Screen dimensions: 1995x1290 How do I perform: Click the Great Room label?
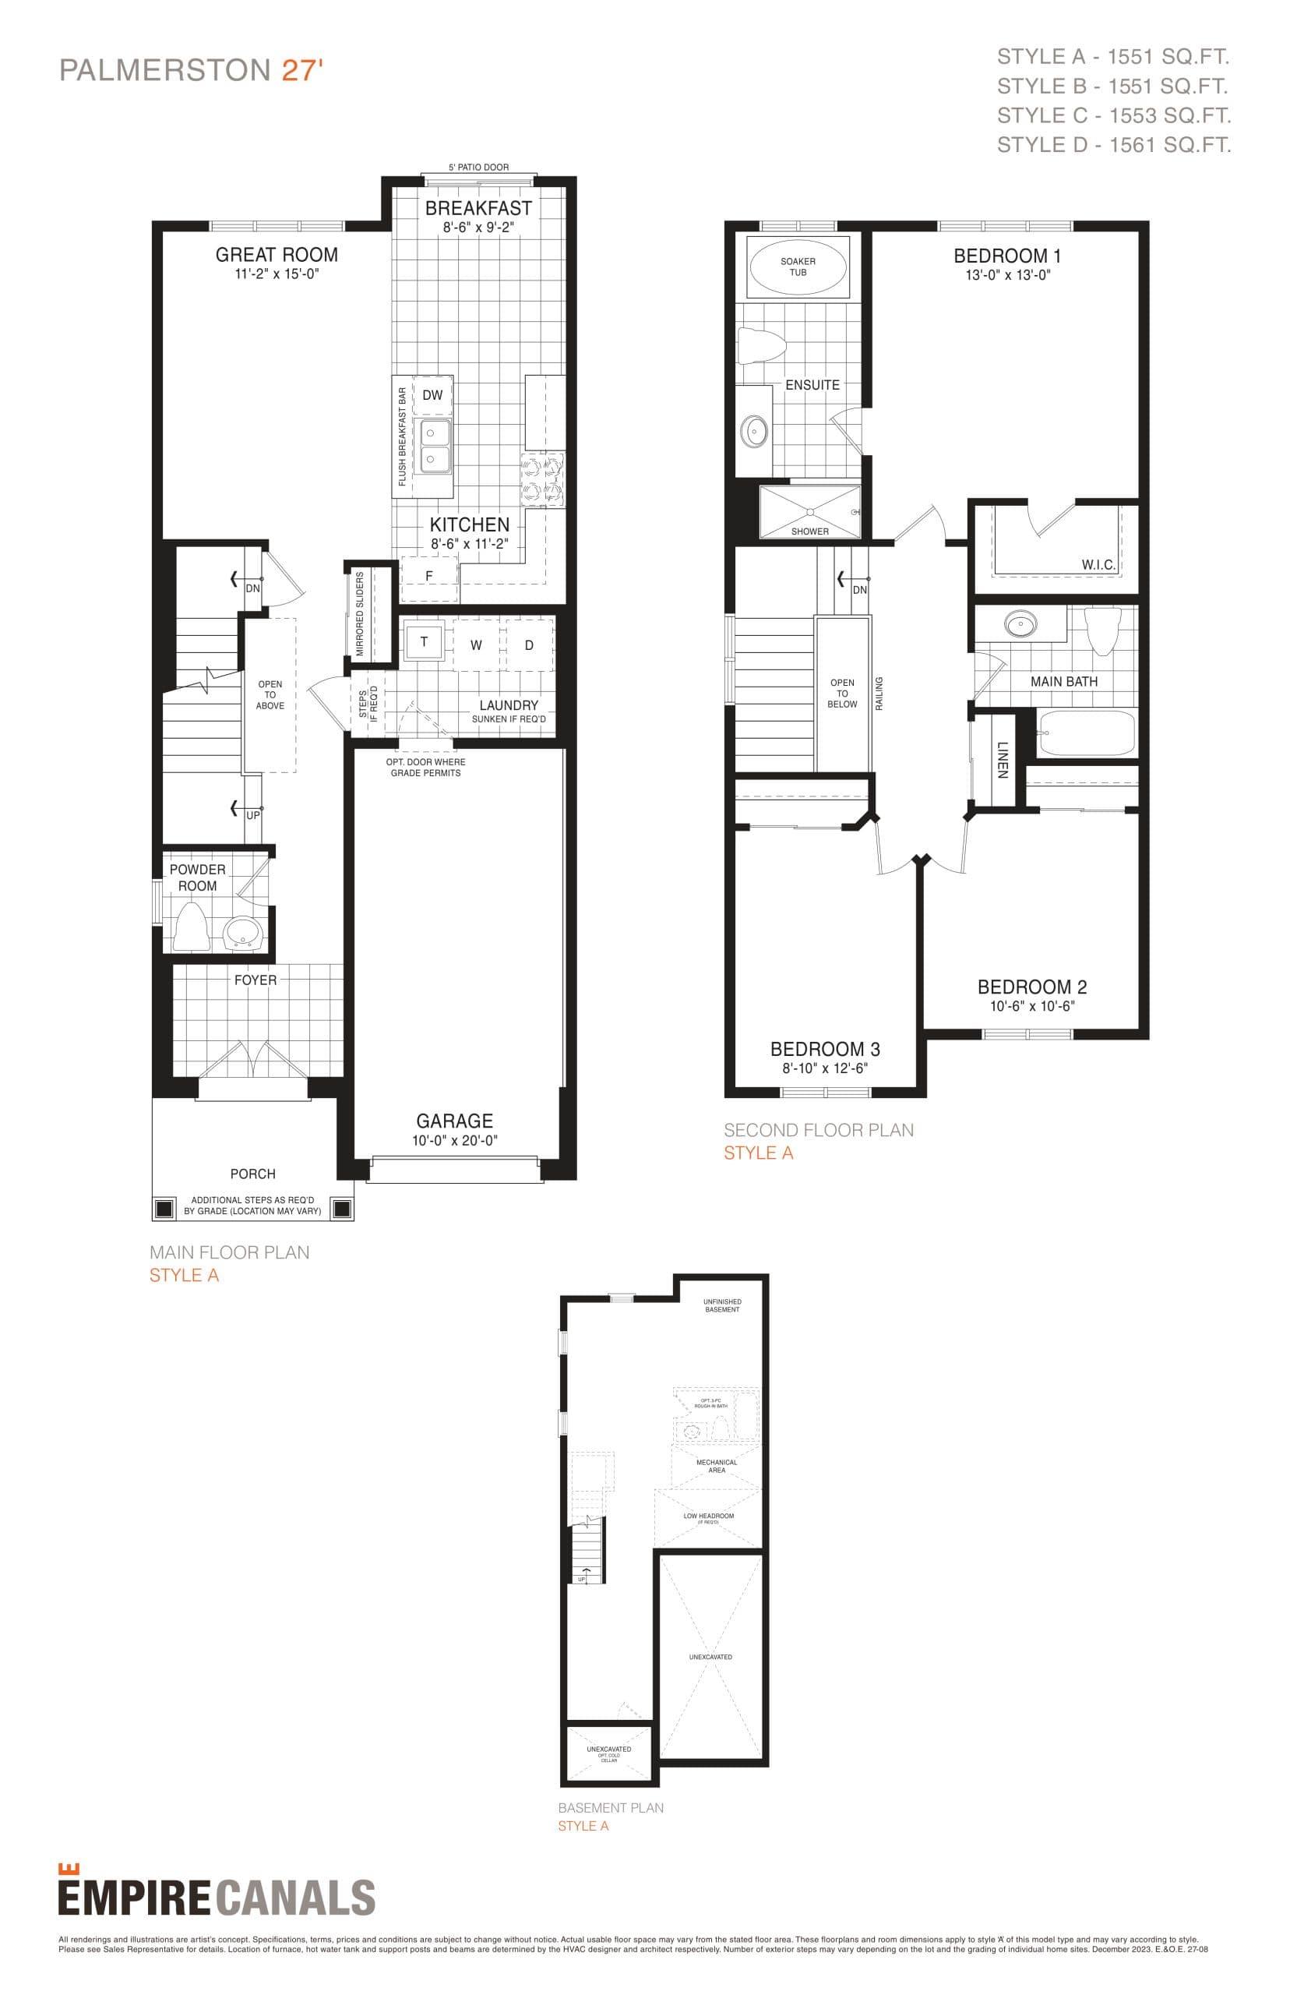coord(277,255)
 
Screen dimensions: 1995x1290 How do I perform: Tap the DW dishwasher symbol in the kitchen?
coord(432,395)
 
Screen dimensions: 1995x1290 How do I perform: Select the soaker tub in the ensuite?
coord(798,267)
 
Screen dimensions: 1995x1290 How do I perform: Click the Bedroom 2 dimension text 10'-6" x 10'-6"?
coord(1032,1006)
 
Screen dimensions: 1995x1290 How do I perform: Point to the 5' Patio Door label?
coord(478,168)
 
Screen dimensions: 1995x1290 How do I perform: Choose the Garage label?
coord(455,1121)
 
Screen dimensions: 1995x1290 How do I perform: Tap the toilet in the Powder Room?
coord(192,927)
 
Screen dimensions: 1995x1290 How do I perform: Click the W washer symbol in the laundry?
coord(476,645)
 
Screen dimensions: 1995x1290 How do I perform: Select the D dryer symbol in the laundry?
coord(529,645)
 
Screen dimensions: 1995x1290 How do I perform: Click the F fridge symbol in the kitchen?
coord(429,577)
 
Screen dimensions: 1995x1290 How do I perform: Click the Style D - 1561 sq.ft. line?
coord(1113,145)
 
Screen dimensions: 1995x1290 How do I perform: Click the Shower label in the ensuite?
coord(809,531)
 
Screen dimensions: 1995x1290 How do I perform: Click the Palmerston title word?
coord(164,70)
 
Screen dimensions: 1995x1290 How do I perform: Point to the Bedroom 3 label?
coord(824,1049)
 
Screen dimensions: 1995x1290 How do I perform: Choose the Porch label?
coord(252,1174)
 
